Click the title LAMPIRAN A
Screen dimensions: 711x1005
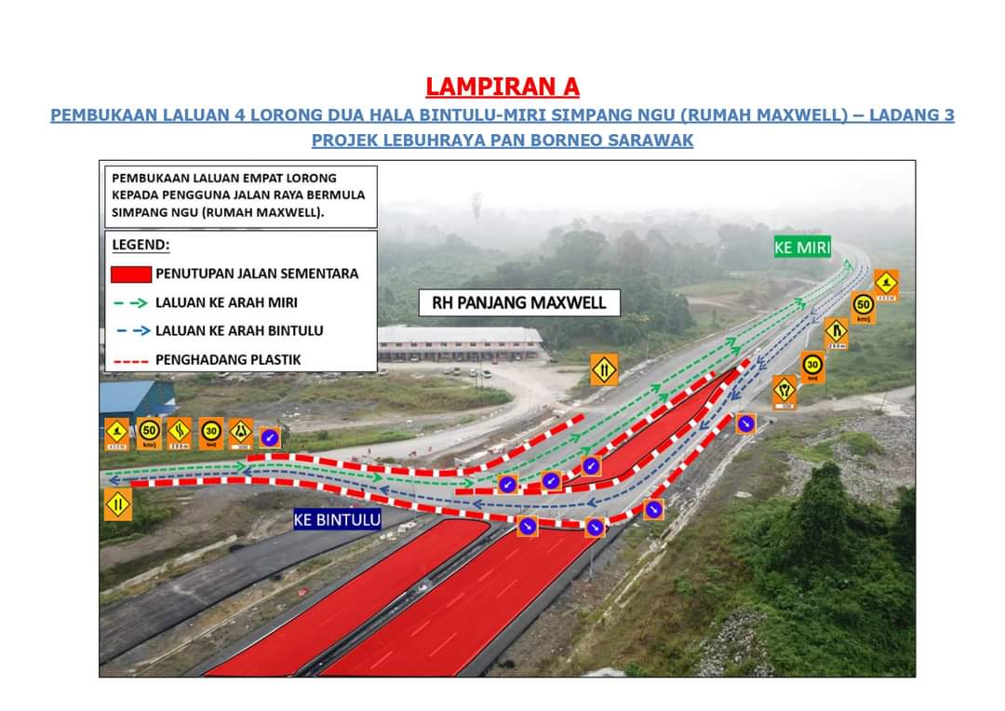click(x=502, y=87)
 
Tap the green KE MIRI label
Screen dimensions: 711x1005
click(x=802, y=247)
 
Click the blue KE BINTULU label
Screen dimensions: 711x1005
click(x=337, y=519)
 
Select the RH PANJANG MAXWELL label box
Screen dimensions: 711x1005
click(x=519, y=302)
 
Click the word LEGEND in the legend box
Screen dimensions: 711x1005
click(x=141, y=245)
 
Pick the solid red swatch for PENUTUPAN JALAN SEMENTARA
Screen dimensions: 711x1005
click(x=131, y=274)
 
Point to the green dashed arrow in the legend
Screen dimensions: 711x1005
click(x=131, y=302)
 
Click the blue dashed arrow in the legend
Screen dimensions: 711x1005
click(x=131, y=330)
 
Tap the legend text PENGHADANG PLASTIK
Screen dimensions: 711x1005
click(x=228, y=359)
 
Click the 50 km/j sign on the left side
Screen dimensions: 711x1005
click(x=149, y=433)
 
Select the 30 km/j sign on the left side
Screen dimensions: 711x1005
click(x=210, y=433)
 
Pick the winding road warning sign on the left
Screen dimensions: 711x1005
click(x=180, y=433)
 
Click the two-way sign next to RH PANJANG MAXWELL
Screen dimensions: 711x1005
click(x=604, y=369)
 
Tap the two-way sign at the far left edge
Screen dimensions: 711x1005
click(x=117, y=504)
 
